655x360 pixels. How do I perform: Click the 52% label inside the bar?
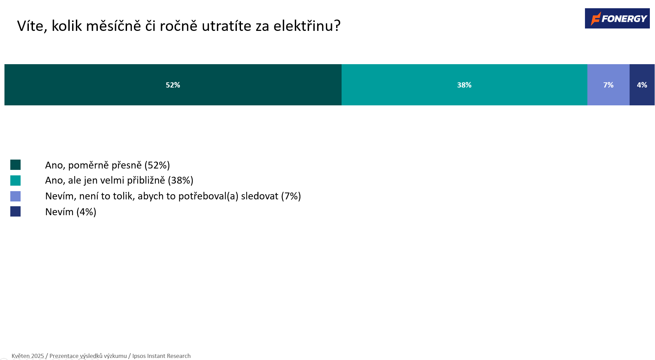(x=173, y=85)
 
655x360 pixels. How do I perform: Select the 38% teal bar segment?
(x=464, y=85)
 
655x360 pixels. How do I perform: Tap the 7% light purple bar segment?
(x=608, y=85)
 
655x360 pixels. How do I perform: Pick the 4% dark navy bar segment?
(x=642, y=85)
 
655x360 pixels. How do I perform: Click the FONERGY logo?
(x=617, y=18)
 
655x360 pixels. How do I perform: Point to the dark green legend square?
(x=15, y=165)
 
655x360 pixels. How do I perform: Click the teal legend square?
(x=15, y=181)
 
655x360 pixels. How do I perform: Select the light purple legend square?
(x=15, y=196)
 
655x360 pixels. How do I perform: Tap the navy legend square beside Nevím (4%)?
(x=15, y=211)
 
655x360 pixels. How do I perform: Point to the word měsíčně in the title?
(x=113, y=26)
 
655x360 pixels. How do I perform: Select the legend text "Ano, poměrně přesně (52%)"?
(x=107, y=165)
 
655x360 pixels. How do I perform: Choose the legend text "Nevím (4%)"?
(x=71, y=212)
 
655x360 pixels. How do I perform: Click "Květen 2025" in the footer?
(x=28, y=356)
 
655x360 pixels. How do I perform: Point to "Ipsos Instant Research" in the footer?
(x=161, y=356)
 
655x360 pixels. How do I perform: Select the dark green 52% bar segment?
(x=173, y=85)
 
